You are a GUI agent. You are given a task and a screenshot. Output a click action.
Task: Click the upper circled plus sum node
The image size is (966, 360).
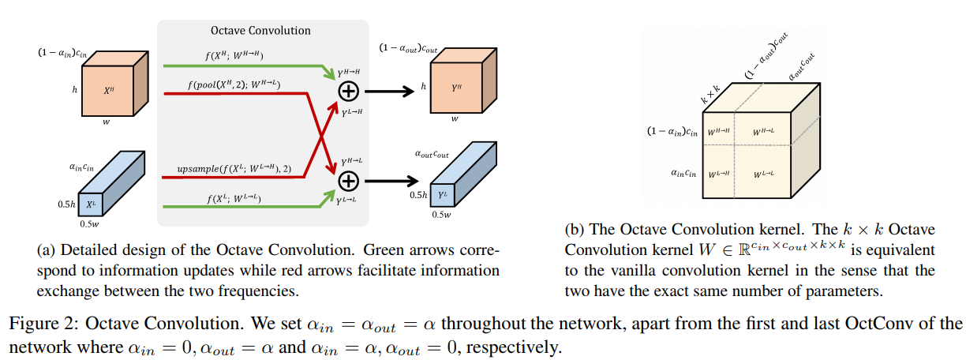(x=348, y=92)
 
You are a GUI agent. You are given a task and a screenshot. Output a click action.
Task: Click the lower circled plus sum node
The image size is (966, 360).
(x=348, y=182)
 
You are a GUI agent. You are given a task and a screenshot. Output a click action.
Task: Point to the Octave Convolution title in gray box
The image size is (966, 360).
(x=260, y=30)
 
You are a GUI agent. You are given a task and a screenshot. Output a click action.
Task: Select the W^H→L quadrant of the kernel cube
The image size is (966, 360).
(x=763, y=131)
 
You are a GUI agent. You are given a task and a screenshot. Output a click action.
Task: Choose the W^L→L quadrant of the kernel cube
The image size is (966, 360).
(x=763, y=173)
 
